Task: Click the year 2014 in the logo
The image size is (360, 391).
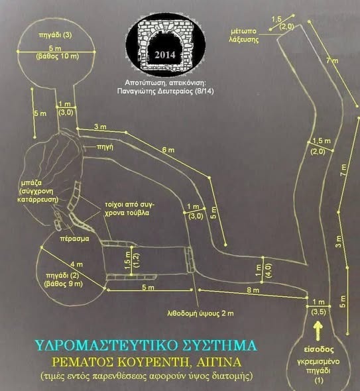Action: (164, 55)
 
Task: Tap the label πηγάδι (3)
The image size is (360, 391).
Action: (55, 34)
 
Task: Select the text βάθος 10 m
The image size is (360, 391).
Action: (58, 56)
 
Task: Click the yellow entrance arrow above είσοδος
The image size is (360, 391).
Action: (318, 331)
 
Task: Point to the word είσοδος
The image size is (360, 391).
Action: (319, 349)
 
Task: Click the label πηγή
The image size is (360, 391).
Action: (105, 147)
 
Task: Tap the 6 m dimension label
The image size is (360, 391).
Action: (168, 150)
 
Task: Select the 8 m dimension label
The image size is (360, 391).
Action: (253, 290)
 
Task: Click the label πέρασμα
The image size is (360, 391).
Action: (74, 239)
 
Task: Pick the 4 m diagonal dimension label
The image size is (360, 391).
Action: (76, 264)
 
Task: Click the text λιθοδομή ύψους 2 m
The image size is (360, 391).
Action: (201, 313)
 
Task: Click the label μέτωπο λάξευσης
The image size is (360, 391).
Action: (243, 35)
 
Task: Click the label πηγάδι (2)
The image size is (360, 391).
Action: (62, 276)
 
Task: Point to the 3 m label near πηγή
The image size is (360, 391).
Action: (100, 127)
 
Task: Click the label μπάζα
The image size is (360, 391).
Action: (31, 183)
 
